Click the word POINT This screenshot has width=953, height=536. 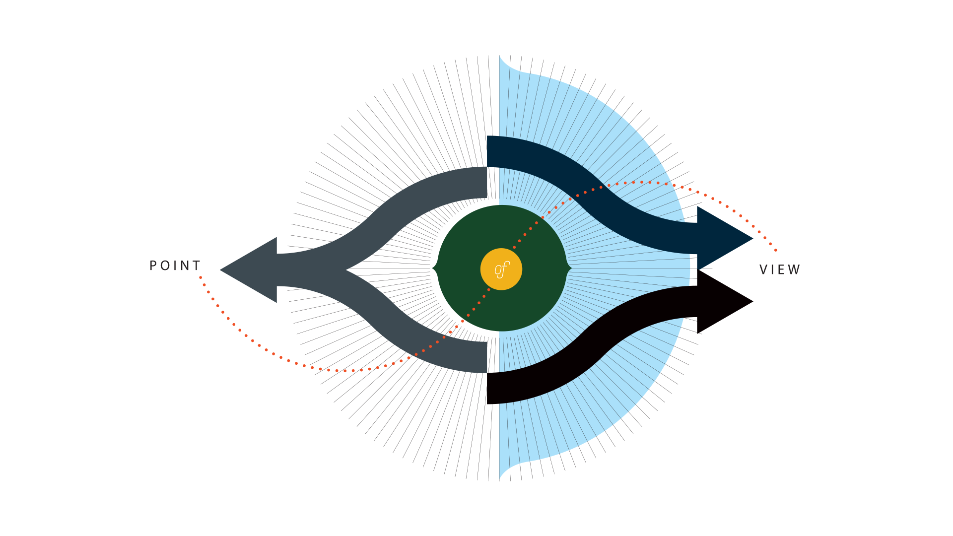pos(175,266)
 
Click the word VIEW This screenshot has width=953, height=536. pos(780,269)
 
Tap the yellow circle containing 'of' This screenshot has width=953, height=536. pos(501,269)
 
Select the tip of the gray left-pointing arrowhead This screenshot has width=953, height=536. pos(221,270)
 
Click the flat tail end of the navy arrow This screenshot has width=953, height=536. pos(488,151)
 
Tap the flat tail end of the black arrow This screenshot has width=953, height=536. pos(488,388)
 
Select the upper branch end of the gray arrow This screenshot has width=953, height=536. pos(485,182)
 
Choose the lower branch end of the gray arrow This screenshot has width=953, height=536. pos(485,357)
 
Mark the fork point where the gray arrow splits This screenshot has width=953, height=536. pos(347,270)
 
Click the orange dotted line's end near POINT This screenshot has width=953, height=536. pos(201,277)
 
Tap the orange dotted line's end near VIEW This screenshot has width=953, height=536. pos(776,250)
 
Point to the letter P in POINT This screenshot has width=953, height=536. pos(153,266)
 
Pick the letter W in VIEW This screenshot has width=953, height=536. pos(794,269)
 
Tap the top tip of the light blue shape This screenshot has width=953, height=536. pos(500,56)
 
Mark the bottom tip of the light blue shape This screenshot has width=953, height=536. pos(500,480)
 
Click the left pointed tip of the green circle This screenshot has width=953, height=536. pos(433,268)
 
